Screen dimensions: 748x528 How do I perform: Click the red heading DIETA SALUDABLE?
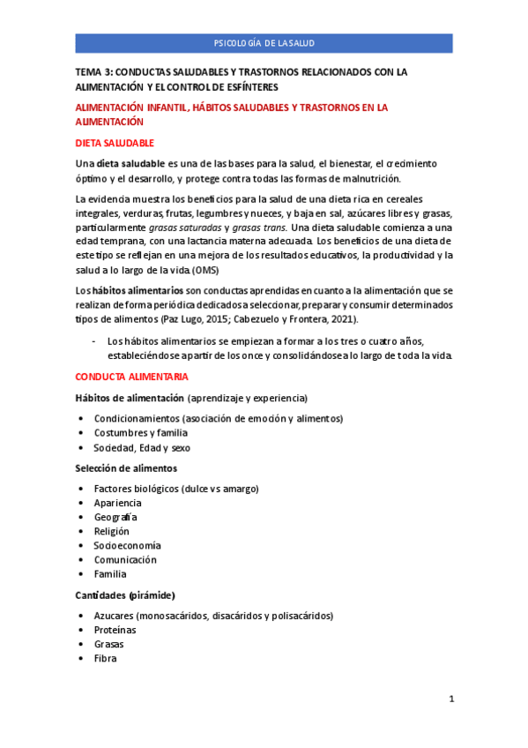(115, 143)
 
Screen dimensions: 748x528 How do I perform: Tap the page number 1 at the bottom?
(450, 699)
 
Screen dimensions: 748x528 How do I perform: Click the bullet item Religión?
(111, 531)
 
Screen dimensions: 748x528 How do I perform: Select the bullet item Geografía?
(115, 517)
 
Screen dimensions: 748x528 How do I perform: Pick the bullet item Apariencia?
(118, 503)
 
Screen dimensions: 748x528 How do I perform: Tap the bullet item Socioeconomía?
(127, 545)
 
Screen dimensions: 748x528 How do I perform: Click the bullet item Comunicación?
(125, 559)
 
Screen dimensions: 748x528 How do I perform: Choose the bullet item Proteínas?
(115, 630)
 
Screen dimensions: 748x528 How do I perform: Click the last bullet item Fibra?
(105, 658)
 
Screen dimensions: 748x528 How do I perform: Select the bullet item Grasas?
(108, 644)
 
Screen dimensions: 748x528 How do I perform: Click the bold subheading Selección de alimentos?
(126, 467)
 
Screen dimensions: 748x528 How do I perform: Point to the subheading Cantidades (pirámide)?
(125, 595)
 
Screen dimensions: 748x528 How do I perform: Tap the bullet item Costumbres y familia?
(140, 432)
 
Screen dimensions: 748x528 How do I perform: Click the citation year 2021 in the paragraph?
(344, 318)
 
